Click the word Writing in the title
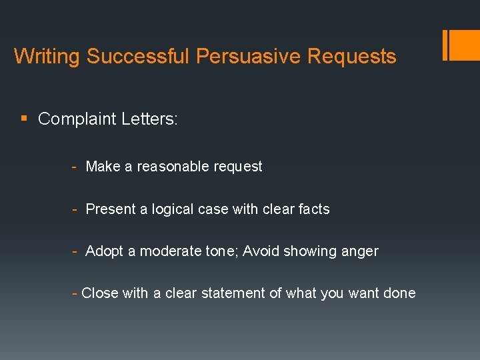[47, 56]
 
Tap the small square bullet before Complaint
[25, 119]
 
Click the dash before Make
[75, 167]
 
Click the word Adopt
[105, 251]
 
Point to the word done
[399, 293]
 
